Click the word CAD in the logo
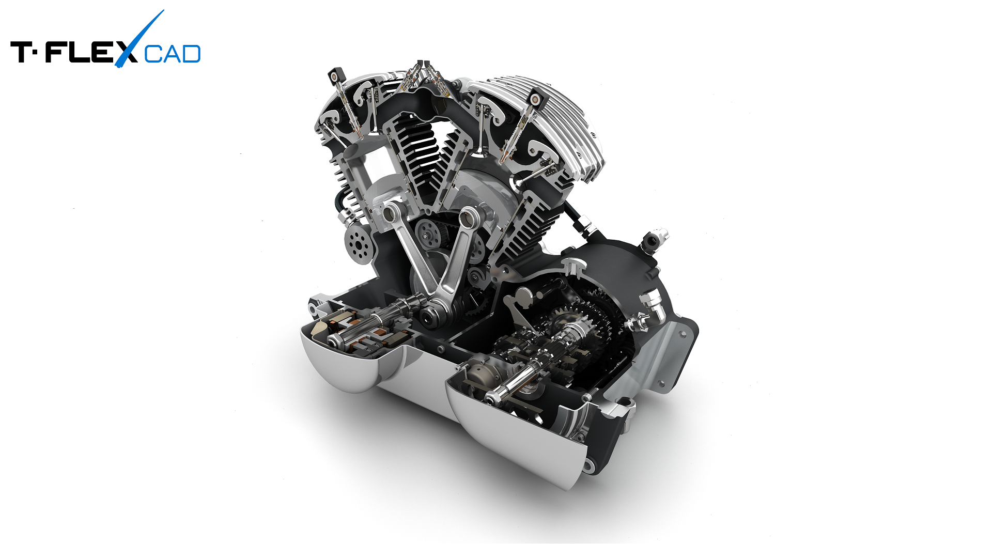tap(172, 54)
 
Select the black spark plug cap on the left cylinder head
tap(335, 75)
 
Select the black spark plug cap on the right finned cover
tap(535, 98)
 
